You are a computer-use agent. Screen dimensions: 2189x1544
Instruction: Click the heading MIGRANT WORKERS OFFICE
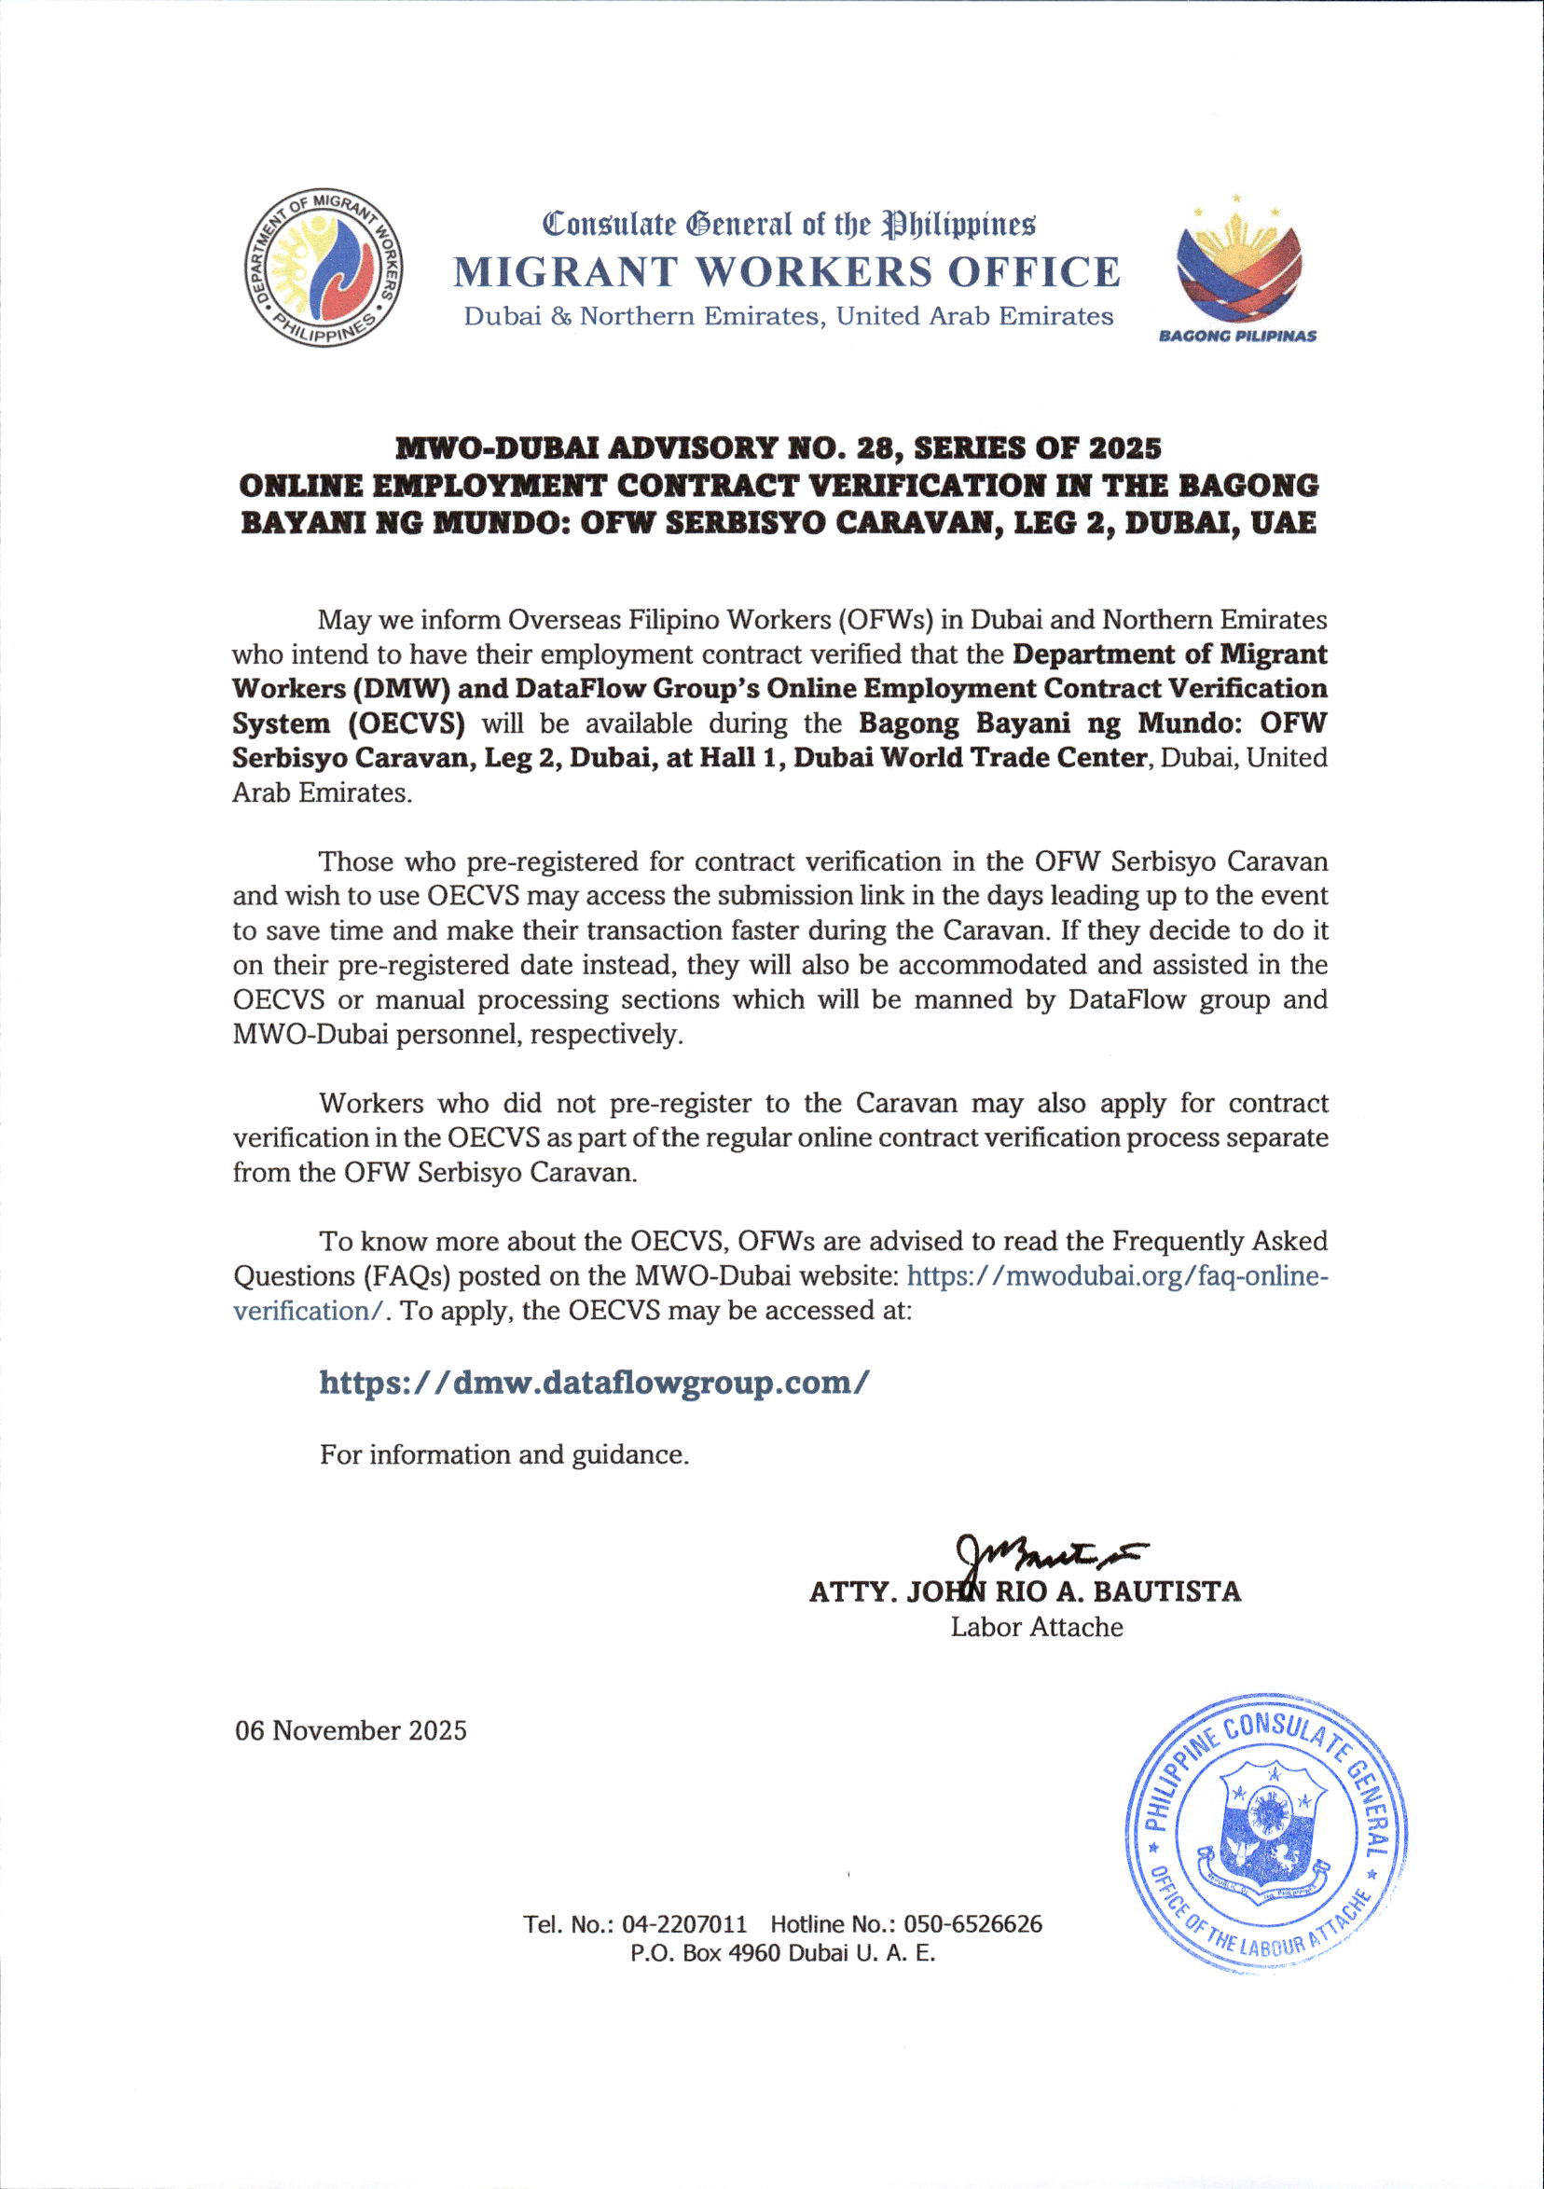pyautogui.click(x=787, y=272)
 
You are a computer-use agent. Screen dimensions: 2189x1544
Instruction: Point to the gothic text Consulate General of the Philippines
pyautogui.click(x=788, y=225)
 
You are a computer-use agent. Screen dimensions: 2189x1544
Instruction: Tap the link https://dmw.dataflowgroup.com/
pyautogui.click(x=594, y=1382)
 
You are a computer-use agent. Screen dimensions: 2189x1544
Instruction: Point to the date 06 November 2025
pyautogui.click(x=351, y=1730)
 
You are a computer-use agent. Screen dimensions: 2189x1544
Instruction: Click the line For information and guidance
pyautogui.click(x=503, y=1455)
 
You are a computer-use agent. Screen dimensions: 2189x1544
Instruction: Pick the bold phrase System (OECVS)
pyautogui.click(x=349, y=723)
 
